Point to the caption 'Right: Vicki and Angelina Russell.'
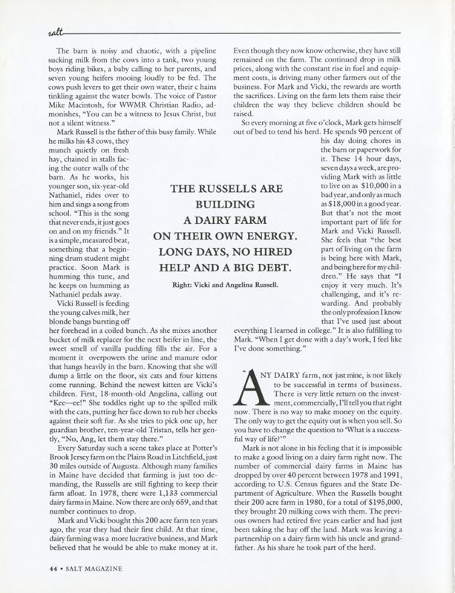pyautogui.click(x=227, y=262)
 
